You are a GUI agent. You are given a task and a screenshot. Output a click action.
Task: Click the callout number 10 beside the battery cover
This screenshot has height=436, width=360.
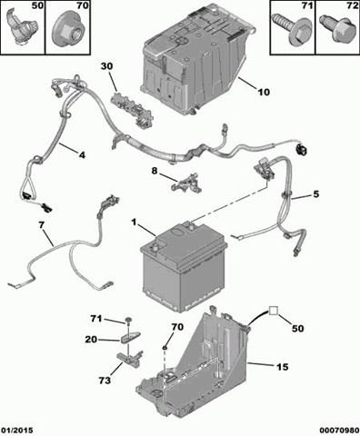coord(264,92)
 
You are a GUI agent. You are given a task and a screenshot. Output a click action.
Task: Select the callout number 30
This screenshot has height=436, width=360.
coord(106,66)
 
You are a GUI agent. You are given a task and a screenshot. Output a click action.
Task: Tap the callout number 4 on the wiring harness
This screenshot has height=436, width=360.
coord(82,155)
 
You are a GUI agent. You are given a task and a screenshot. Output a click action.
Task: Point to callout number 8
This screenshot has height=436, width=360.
coord(155,171)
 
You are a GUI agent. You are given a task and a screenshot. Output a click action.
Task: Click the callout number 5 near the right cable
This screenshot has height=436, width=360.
coord(316,193)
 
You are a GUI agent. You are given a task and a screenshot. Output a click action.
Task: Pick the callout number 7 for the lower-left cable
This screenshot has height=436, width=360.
coord(41,225)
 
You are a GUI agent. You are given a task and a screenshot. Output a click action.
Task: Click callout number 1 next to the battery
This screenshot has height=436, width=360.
coord(134,223)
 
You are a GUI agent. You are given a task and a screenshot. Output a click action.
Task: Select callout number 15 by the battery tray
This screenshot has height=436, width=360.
coord(282,367)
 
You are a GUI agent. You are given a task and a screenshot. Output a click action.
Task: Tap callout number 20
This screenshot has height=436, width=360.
coord(91,340)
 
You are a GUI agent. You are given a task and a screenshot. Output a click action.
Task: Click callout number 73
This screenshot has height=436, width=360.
coord(105,381)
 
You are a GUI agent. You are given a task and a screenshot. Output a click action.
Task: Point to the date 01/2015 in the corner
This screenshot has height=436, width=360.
coord(17,431)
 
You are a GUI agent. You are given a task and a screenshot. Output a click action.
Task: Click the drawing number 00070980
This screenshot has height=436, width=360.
coord(339,431)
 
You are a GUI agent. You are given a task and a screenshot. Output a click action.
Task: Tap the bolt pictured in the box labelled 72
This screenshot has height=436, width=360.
coord(337,30)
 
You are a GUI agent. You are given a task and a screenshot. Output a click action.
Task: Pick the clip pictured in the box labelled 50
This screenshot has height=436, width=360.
coord(21,27)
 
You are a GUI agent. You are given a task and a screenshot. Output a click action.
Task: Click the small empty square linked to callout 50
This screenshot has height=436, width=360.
coord(274,311)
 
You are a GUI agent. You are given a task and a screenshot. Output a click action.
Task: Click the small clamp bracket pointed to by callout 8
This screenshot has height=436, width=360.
coord(186,183)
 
